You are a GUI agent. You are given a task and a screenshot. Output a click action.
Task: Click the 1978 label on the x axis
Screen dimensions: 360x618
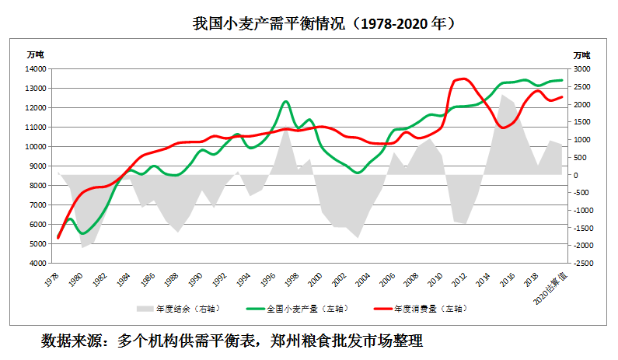54,278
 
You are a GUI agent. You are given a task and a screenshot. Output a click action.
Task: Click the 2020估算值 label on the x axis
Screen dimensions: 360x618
553,287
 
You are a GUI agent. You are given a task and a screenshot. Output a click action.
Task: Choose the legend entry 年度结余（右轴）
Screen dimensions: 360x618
177,309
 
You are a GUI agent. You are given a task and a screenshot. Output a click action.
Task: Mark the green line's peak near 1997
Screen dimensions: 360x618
285,102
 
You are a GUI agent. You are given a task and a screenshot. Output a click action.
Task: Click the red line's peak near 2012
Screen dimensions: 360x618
464,79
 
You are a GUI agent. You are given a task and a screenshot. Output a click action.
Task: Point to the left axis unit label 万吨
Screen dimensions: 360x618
36,54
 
